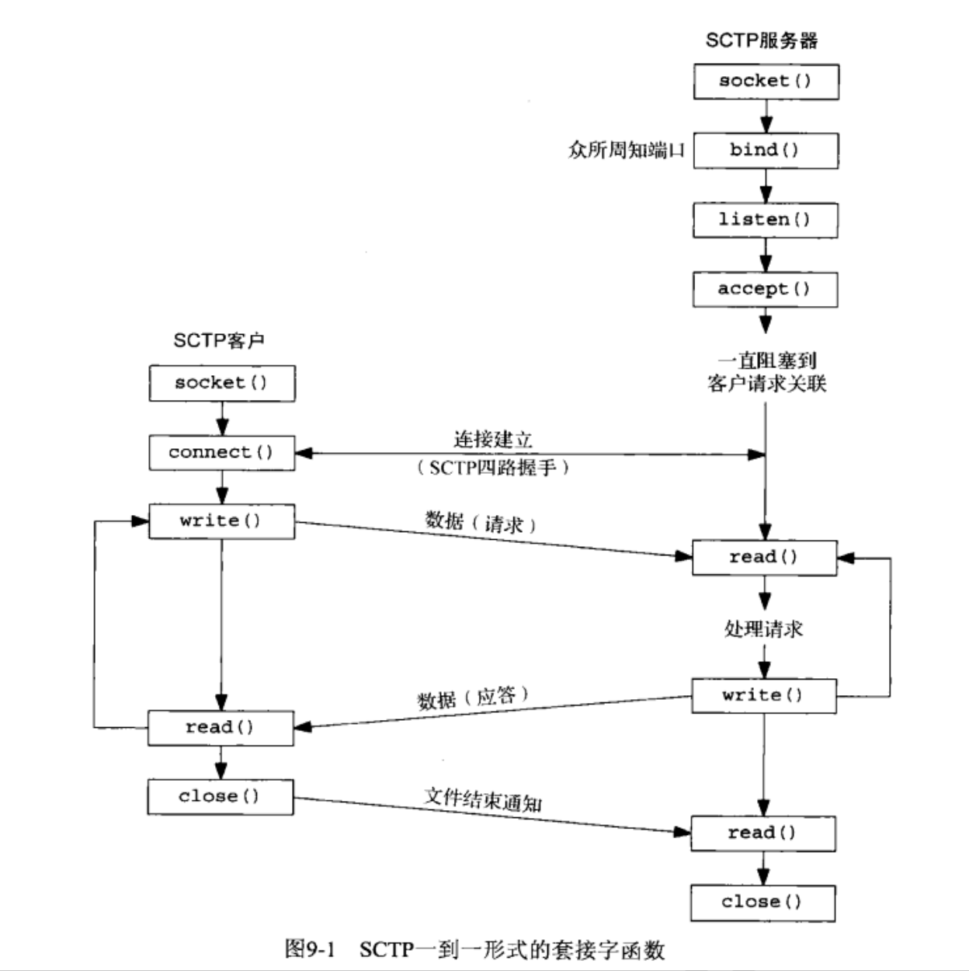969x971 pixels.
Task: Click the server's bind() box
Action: [766, 151]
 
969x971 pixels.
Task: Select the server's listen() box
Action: [766, 220]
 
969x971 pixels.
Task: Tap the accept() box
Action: [766, 289]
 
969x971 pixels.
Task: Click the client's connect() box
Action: [222, 453]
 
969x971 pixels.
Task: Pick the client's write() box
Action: [222, 521]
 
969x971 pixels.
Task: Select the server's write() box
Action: [764, 696]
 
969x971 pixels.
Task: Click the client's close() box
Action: [221, 797]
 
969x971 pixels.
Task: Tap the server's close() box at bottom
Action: [762, 903]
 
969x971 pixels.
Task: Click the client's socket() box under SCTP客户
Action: [222, 383]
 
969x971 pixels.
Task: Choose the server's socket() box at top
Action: [766, 82]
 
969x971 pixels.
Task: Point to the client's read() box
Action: [221, 728]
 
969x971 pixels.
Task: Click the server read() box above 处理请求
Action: [764, 558]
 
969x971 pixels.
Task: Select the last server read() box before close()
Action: [762, 834]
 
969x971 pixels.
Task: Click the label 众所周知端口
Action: [627, 150]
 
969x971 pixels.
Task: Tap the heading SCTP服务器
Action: [761, 40]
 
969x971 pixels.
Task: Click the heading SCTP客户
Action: [219, 340]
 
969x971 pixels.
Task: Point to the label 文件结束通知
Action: [483, 799]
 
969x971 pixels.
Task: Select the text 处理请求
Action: [763, 628]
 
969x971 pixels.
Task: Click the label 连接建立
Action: [493, 440]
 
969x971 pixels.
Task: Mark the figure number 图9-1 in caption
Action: [309, 948]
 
